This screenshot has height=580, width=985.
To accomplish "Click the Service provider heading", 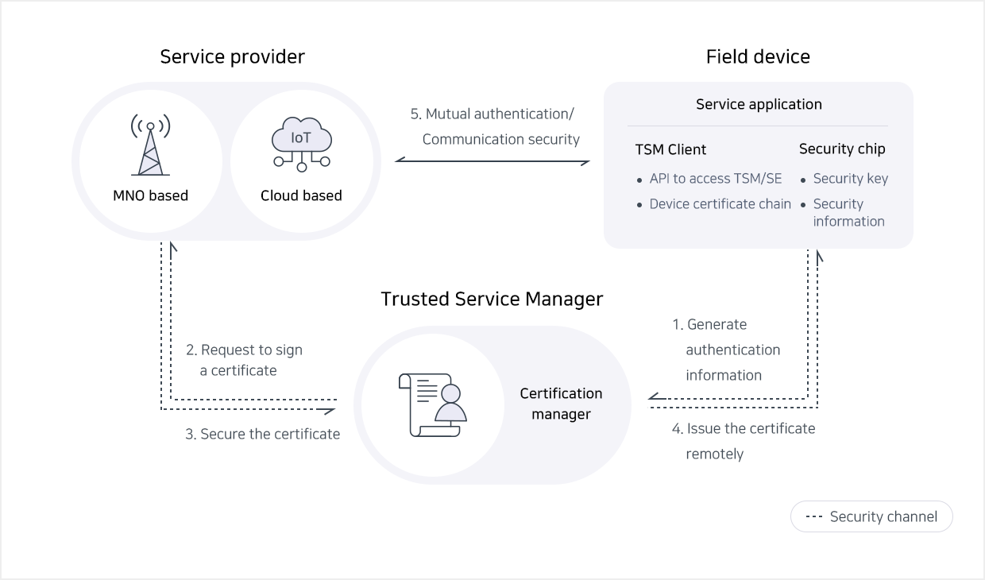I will (232, 56).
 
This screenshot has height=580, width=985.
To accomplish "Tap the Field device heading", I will (758, 56).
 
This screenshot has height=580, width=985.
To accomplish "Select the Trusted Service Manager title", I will (492, 299).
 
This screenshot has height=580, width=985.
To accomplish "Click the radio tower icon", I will (151, 146).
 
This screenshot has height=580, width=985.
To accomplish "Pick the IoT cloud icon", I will (301, 144).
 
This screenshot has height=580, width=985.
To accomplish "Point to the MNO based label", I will (151, 195).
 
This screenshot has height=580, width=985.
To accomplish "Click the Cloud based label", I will (301, 195).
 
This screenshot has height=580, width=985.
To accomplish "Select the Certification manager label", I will (561, 404).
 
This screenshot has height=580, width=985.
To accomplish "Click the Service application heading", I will (759, 104).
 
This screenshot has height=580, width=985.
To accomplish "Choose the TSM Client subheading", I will (670, 149).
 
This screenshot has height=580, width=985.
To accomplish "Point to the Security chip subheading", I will (842, 149).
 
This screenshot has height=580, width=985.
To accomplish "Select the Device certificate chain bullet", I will (720, 204).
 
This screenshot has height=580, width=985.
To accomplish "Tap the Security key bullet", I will (850, 179).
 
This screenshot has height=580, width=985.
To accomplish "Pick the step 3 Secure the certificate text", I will (262, 434).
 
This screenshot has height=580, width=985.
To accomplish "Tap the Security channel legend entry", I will (871, 516).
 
